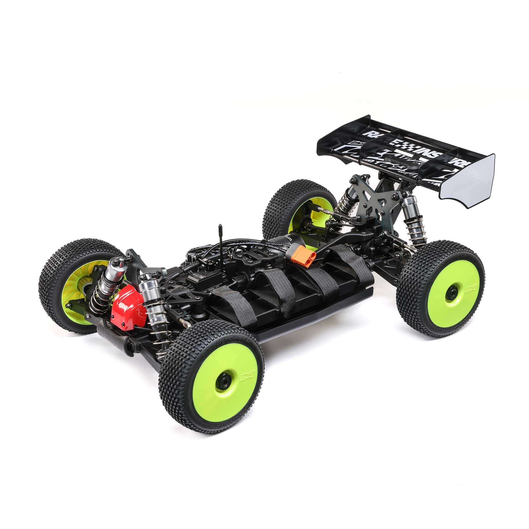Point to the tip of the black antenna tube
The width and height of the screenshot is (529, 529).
pyautogui.click(x=220, y=226)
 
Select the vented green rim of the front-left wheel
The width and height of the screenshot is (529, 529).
pyautogui.click(x=72, y=288)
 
